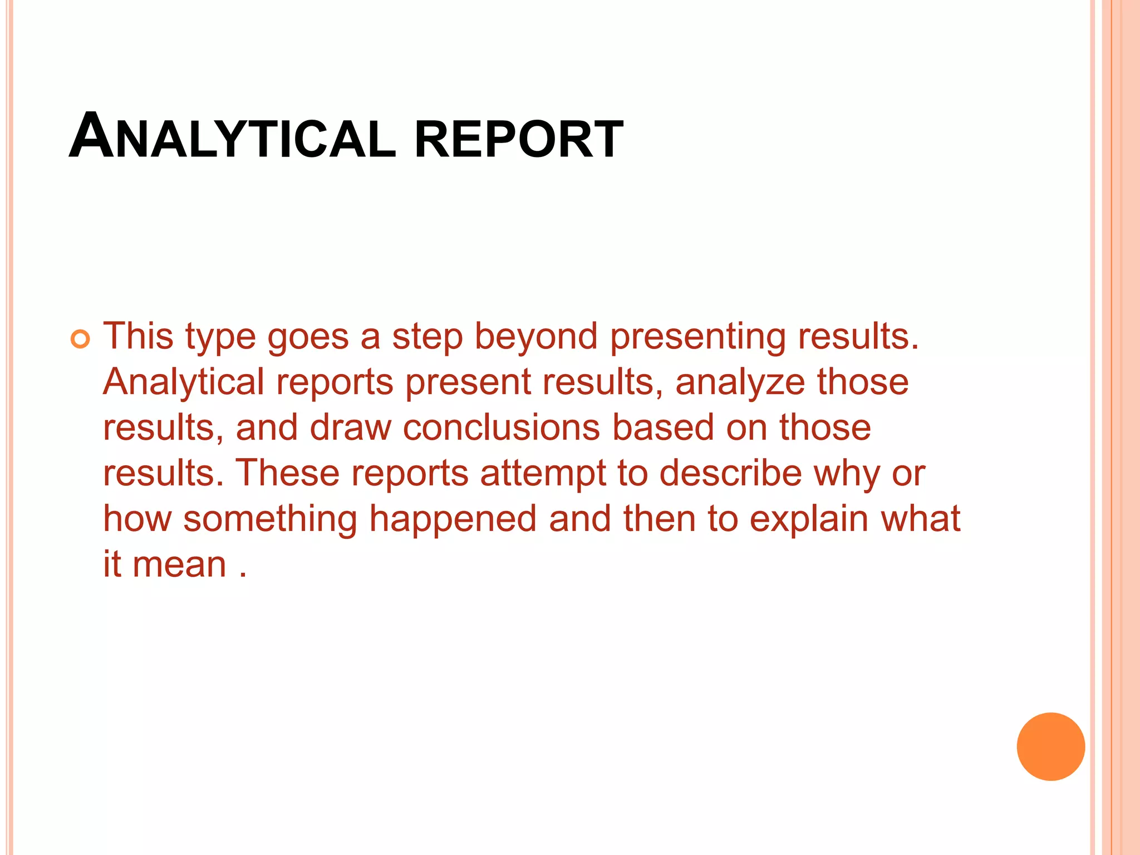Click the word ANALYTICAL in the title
pos(232,137)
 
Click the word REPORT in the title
pos(518,139)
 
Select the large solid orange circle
pos(1050,746)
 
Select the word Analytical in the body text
pos(183,383)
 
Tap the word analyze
pos(740,383)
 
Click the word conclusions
pos(501,427)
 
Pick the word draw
pos(350,427)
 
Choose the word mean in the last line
pos(179,564)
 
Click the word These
pos(287,473)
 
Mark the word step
pos(427,337)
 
